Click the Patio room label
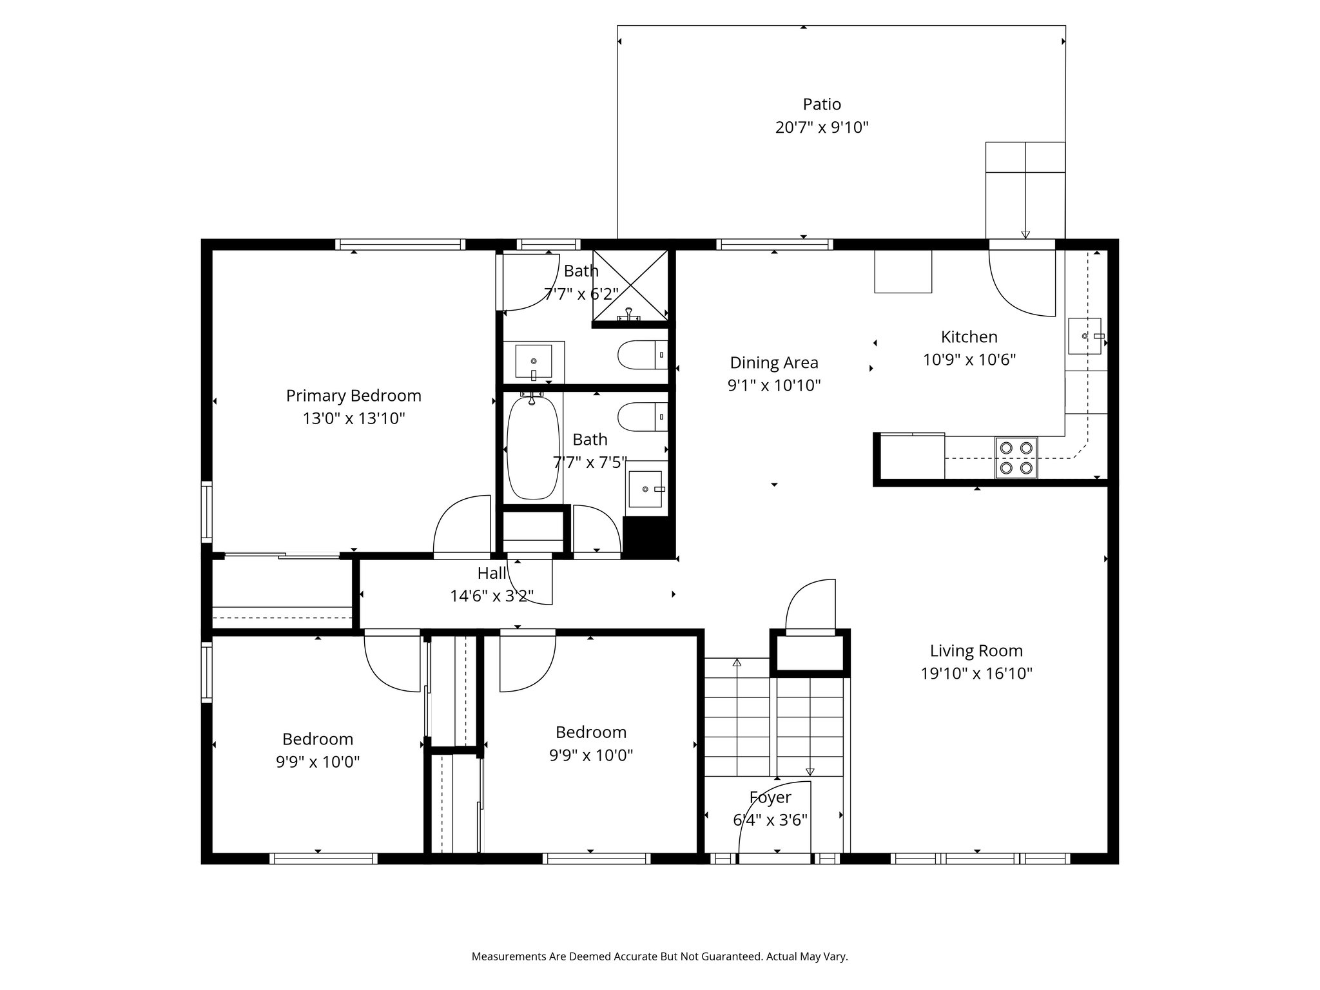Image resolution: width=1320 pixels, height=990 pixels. (822, 104)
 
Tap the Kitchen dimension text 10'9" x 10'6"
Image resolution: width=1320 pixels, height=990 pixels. (969, 360)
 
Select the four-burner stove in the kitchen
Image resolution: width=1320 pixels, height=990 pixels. (1016, 458)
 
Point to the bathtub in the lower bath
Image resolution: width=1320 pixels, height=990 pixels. (532, 448)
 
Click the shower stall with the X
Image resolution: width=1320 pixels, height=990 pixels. (630, 286)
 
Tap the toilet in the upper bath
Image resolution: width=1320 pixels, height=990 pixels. (643, 354)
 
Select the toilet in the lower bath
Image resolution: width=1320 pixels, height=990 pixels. (643, 416)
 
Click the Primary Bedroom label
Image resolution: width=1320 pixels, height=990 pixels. (354, 396)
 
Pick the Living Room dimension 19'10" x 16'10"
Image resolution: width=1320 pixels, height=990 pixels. (976, 674)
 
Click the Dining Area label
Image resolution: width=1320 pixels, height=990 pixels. (774, 362)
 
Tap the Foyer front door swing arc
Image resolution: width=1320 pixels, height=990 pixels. (761, 799)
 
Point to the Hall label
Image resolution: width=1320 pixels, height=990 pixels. (492, 573)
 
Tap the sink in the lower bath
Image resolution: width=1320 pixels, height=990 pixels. (645, 489)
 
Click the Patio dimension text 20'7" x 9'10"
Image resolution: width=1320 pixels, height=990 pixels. (822, 127)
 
